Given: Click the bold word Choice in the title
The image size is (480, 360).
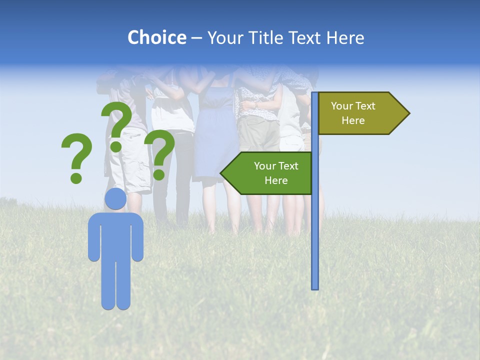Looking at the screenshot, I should click(156, 37).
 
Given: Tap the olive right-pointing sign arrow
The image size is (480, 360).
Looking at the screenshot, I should click(360, 113).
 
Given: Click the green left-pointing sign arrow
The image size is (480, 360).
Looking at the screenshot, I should click(270, 173).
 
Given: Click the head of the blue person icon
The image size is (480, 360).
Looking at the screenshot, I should click(115, 199).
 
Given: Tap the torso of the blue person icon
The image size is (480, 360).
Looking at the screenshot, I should click(115, 235).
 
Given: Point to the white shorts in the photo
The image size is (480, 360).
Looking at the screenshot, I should click(131, 160).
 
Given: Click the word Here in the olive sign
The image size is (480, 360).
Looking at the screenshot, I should click(353, 120).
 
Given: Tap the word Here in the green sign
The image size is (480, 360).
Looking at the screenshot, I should click(276, 180).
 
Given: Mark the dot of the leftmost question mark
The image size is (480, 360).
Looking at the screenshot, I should click(76, 177).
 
